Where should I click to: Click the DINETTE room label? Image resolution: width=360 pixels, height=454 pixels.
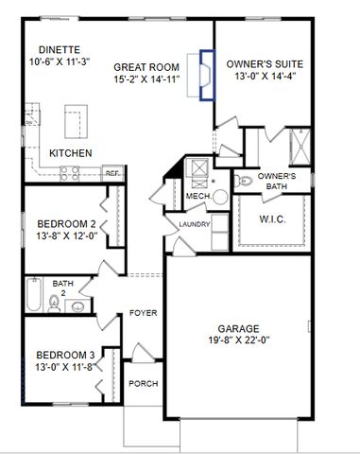59,48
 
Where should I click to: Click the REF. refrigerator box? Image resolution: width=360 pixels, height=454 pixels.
111,173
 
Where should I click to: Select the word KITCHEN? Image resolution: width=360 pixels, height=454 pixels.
70,152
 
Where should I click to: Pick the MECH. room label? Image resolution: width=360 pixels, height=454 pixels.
197,196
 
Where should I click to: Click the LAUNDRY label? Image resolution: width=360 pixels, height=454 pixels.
193,224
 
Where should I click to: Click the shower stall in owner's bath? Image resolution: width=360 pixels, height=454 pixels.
300,147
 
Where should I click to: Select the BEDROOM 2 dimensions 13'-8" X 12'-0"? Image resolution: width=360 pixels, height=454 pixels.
66,236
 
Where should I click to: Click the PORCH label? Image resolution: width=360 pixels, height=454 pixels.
143,383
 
